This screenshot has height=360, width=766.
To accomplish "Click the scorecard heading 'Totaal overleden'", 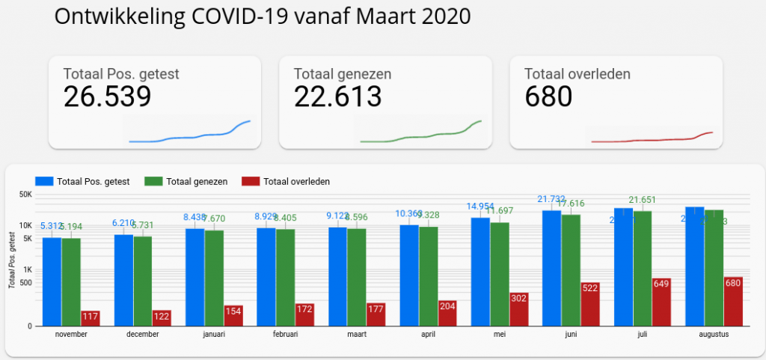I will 577,74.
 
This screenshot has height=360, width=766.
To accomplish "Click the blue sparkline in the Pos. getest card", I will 190,135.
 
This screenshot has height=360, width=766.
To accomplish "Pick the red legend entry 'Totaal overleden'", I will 285,181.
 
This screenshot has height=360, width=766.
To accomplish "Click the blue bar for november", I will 52,281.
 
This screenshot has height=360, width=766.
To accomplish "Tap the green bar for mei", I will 500,273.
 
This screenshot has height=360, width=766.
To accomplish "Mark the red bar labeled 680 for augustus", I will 733,301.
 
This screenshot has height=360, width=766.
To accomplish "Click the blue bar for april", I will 409,275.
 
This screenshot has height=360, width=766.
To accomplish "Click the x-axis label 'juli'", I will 643,335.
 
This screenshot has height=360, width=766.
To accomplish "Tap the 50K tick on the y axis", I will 25,195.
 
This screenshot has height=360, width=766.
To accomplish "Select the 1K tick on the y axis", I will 26,269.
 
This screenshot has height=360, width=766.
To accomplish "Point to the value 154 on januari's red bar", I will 233,311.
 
